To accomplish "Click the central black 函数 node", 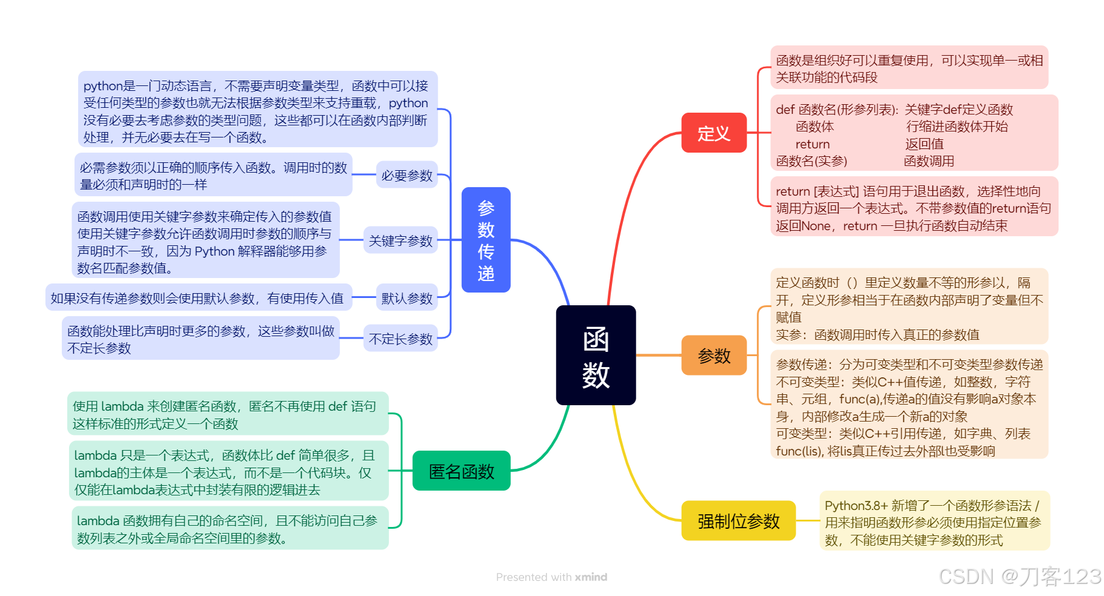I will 596,355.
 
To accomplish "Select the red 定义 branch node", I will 714,133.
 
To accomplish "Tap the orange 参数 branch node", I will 714,356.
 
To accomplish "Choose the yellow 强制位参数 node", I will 738,521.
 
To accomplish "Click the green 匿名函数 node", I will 461,471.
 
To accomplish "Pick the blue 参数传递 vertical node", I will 486,240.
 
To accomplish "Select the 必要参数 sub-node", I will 407,175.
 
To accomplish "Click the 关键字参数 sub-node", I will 401,240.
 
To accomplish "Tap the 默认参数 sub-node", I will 407,298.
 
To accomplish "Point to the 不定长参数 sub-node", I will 401,339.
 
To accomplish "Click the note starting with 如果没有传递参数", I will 198,298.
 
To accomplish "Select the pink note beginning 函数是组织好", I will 908,68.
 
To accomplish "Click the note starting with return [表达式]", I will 914,208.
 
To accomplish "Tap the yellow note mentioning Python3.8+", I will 934,521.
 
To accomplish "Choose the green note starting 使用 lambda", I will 227,414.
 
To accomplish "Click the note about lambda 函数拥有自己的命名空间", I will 230,529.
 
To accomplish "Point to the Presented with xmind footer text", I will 551,577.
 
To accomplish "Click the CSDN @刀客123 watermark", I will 1020,576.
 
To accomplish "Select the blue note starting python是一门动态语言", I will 257,111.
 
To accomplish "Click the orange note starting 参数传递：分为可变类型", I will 909,407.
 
